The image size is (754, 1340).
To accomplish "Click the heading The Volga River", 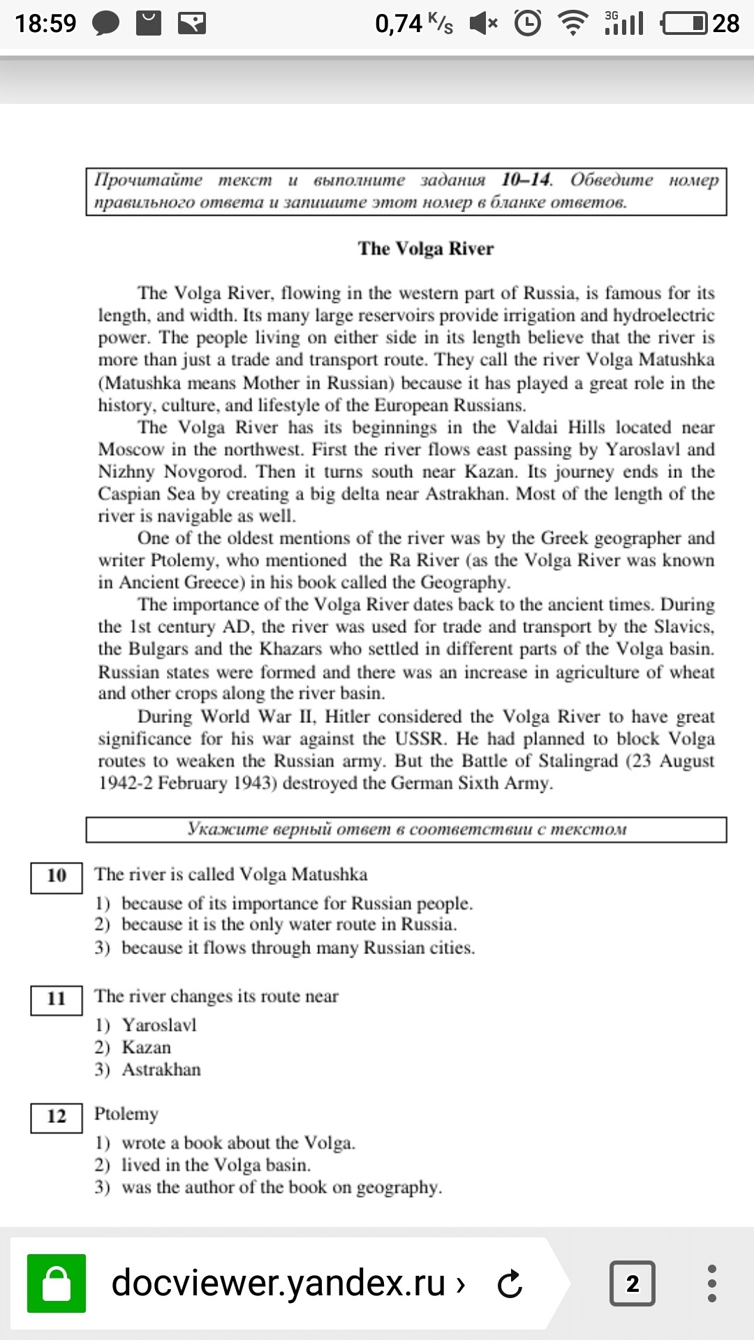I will pyautogui.click(x=425, y=249).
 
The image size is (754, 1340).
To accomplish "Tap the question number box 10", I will pyautogui.click(x=57, y=876).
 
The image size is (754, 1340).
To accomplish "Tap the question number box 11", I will pyautogui.click(x=57, y=999).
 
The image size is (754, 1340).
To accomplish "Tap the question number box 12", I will pyautogui.click(x=57, y=1117).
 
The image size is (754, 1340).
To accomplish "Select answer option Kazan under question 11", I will pyautogui.click(x=146, y=1048).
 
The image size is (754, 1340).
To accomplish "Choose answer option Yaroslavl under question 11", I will pyautogui.click(x=159, y=1025).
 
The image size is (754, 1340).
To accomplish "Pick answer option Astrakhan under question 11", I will pyautogui.click(x=161, y=1070).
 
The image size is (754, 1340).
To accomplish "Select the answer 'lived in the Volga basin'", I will pyautogui.click(x=216, y=1165).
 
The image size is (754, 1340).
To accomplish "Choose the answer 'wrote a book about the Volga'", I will pyautogui.click(x=238, y=1142).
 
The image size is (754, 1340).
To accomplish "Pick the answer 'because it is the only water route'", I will pyautogui.click(x=289, y=925).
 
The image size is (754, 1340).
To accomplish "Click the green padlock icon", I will pyautogui.click(x=57, y=1283).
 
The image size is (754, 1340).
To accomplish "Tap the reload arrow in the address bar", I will pyautogui.click(x=510, y=1283).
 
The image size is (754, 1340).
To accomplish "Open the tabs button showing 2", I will pyautogui.click(x=632, y=1283).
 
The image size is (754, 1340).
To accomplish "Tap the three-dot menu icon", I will pyautogui.click(x=711, y=1283).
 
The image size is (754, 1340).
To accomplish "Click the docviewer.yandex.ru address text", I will pyautogui.click(x=279, y=1283).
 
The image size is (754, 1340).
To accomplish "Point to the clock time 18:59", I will pyautogui.click(x=45, y=24).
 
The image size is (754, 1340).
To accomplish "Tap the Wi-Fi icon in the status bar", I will pyautogui.click(x=573, y=24).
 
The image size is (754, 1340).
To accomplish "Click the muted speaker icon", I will pyautogui.click(x=483, y=24).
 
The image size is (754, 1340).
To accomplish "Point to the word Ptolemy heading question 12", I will pyautogui.click(x=126, y=1115).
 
